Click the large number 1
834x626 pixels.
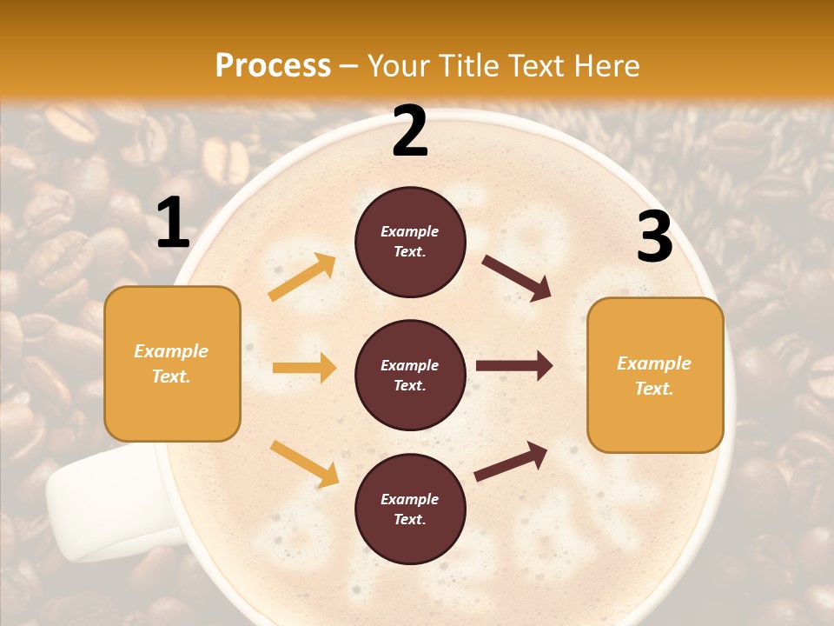173,223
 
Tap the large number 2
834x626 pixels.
410,131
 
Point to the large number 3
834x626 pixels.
654,237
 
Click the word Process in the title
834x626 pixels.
273,65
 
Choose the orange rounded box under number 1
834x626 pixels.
172,363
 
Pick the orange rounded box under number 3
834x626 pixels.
655,375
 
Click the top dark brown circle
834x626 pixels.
410,242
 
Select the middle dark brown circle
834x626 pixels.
410,375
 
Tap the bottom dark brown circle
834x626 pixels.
410,509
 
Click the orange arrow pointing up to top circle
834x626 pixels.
302,276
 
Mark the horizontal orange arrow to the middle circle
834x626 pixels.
304,368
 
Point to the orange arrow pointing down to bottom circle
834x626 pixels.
304,463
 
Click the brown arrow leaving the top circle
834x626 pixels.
517,278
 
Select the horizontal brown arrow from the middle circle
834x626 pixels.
514,365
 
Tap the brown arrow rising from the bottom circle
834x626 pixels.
512,462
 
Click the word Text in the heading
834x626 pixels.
536,65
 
